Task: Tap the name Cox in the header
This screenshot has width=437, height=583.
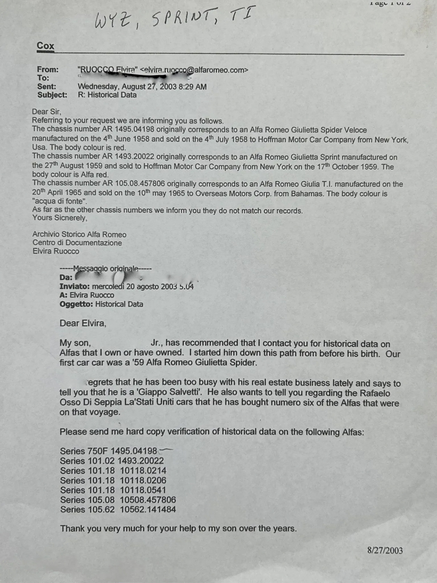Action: coord(46,45)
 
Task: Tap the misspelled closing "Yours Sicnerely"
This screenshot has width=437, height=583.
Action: coord(59,218)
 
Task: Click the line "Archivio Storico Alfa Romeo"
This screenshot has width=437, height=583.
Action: coord(79,234)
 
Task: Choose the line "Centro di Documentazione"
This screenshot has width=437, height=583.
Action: coord(77,243)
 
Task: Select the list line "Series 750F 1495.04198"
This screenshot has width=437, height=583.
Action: coord(108,451)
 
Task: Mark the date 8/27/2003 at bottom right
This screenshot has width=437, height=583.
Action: coord(385,550)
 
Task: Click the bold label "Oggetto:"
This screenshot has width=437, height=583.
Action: coord(76,304)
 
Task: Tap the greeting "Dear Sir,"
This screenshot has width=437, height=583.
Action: coord(47,111)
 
